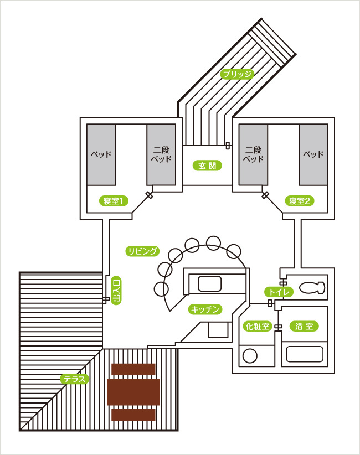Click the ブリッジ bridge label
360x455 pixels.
coord(237,74)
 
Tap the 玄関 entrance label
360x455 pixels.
coord(207,166)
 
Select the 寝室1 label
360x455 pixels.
coord(114,201)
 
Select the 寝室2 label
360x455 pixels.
coord(300,201)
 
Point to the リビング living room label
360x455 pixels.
coord(142,251)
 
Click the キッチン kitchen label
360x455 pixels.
coord(205,309)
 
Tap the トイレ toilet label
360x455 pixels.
coord(279,292)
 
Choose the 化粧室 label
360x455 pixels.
coord(257,327)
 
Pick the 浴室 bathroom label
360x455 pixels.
coord(304,327)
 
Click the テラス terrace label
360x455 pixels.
coord(75,379)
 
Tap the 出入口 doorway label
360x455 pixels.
coord(116,290)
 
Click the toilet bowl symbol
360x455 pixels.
coord(312,288)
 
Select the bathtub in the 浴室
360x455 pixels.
coord(305,354)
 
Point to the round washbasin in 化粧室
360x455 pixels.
coord(250,356)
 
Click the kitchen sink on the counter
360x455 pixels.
coord(209,283)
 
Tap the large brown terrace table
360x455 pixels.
coord(133,392)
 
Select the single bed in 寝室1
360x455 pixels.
coord(101,154)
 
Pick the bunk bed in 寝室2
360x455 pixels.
coord(253,154)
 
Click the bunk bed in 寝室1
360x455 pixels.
coord(161,154)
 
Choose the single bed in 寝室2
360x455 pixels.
coord(313,154)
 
